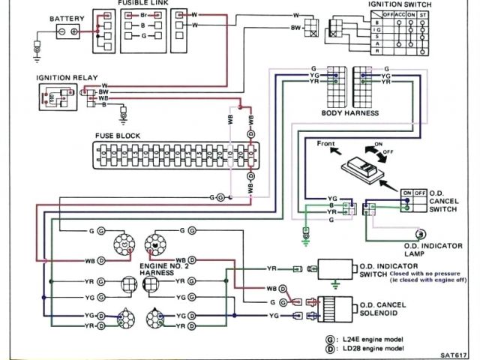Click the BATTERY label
[67, 18]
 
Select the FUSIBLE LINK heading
[142, 4]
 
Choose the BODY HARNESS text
[350, 113]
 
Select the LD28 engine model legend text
[371, 349]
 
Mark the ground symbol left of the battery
[36, 51]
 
